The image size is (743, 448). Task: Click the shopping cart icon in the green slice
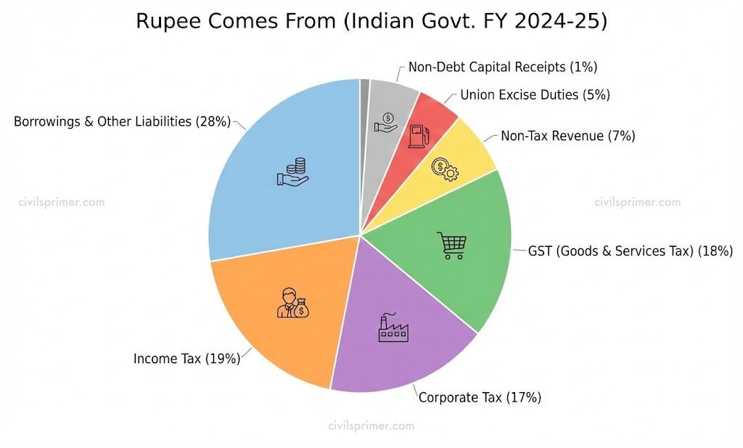(x=451, y=245)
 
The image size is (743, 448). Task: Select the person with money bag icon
(x=292, y=303)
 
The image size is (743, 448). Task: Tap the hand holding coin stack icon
(x=293, y=172)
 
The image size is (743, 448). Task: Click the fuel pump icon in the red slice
(x=417, y=136)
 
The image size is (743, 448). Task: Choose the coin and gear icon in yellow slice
(x=444, y=168)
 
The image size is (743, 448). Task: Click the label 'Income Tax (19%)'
(x=186, y=359)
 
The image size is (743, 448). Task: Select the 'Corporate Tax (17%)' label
(x=480, y=397)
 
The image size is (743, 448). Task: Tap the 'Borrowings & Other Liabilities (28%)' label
(x=122, y=122)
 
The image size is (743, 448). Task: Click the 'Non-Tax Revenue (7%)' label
(x=568, y=136)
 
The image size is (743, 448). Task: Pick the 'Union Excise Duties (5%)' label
(x=535, y=94)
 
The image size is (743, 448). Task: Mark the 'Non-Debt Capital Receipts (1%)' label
(x=502, y=67)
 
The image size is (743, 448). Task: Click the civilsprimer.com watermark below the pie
(x=371, y=426)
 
